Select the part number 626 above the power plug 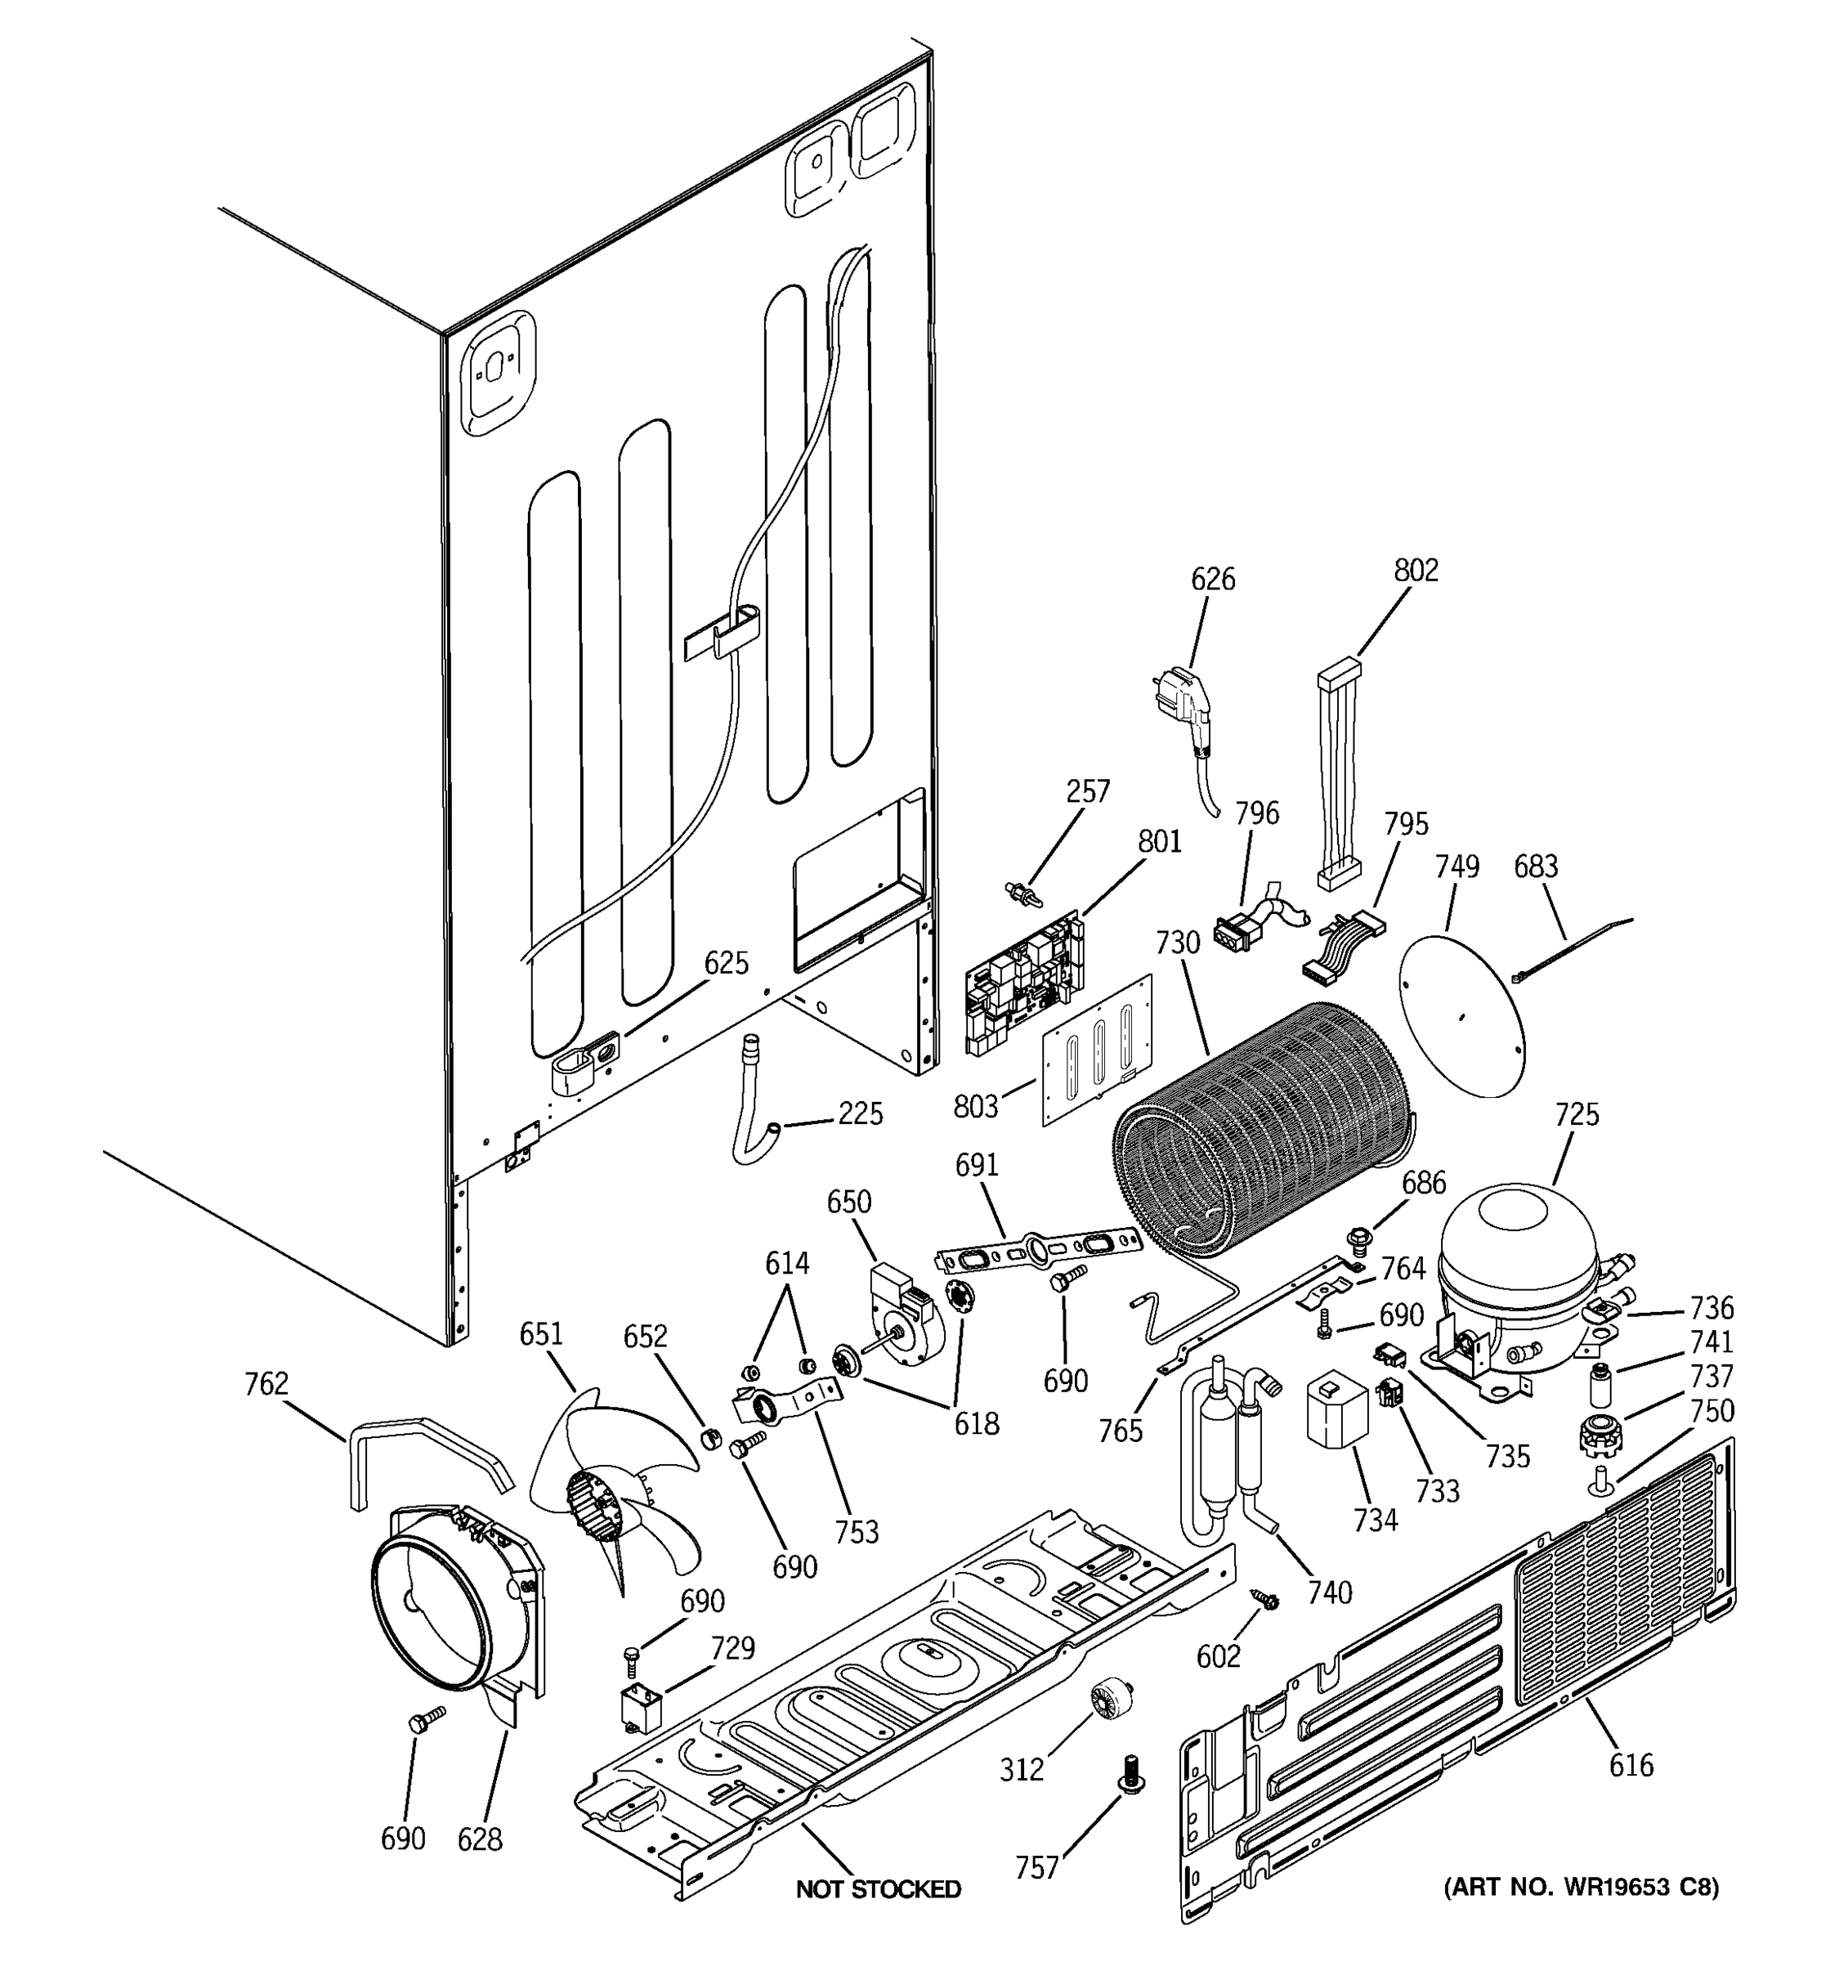(1213, 580)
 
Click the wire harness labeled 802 (1338, 776)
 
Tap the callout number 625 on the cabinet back (726, 963)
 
